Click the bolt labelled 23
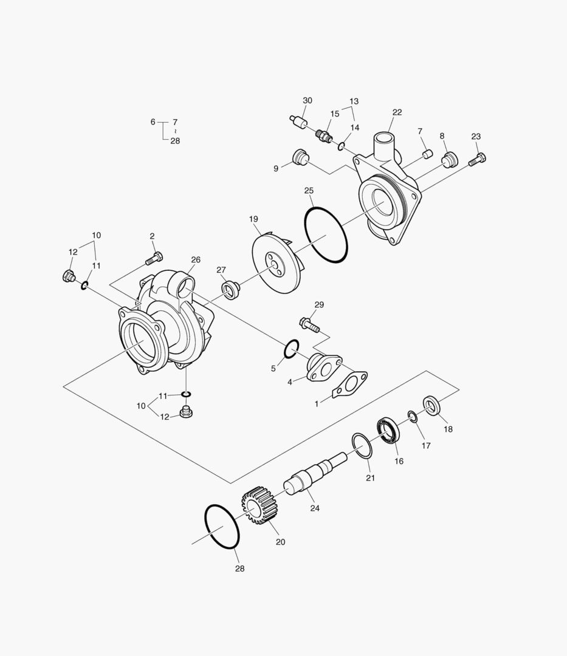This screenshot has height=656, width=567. pyautogui.click(x=478, y=159)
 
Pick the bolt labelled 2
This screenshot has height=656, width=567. pyautogui.click(x=154, y=258)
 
